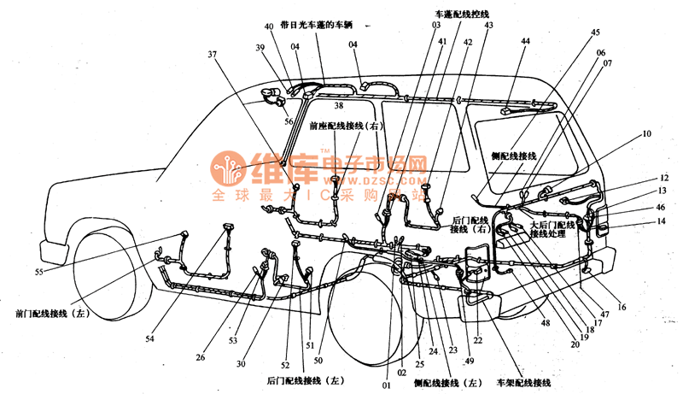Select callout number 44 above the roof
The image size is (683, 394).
[525, 41]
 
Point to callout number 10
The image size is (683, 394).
[646, 133]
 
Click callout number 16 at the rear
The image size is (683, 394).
[622, 305]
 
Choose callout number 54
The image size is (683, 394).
[149, 338]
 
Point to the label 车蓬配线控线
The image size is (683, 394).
[463, 15]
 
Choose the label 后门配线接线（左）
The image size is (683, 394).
[305, 379]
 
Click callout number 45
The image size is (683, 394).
[595, 32]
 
